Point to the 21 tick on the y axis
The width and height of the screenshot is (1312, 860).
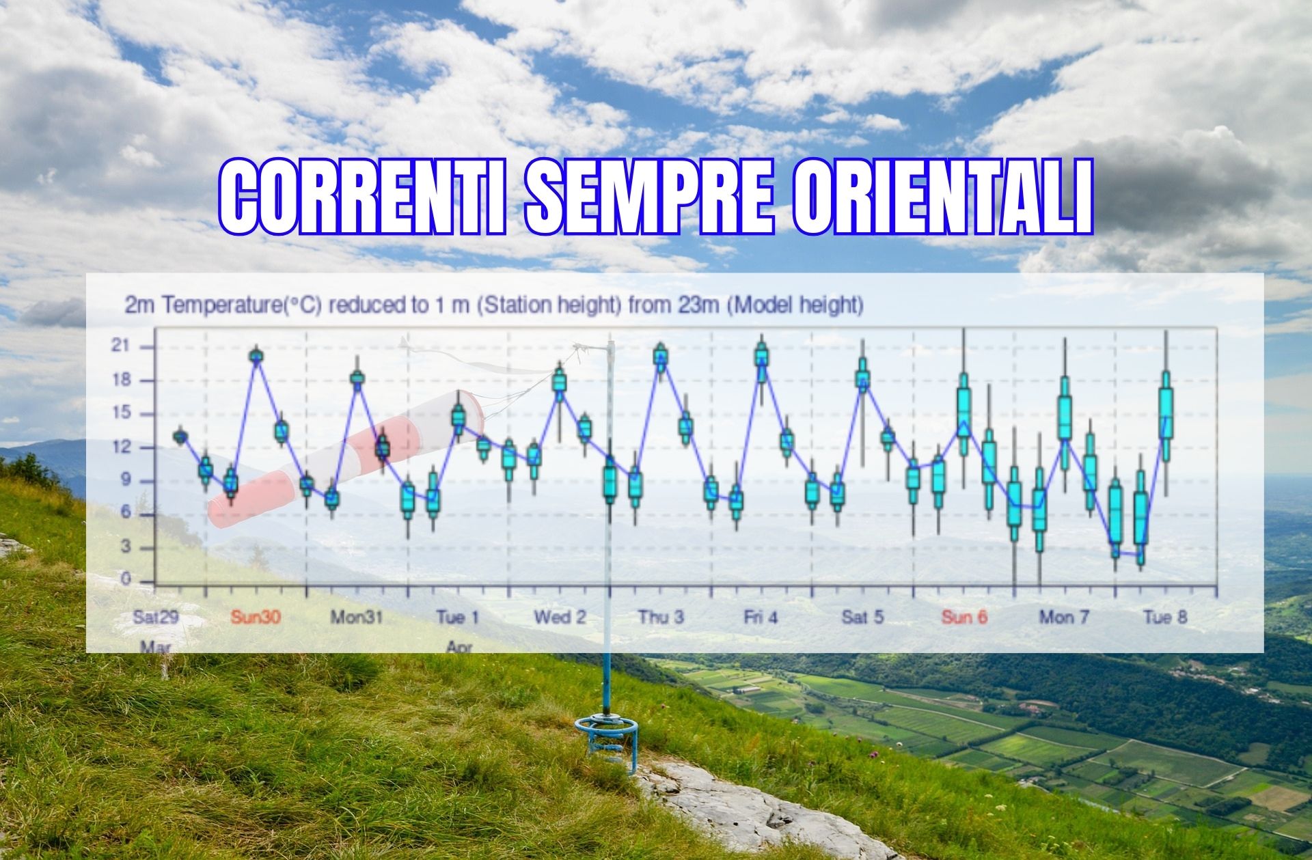pos(120,347)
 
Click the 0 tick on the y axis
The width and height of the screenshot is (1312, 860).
pos(125,580)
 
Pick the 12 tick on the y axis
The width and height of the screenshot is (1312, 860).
pos(120,447)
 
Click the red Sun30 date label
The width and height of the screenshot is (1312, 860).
pos(256,618)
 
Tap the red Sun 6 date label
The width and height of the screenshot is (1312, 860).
pos(964,618)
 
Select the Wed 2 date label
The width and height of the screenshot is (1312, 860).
pos(560,618)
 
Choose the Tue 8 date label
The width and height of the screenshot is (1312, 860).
pos(1165,618)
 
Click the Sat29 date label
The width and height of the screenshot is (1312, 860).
pos(156,618)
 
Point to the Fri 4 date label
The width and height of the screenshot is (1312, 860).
pos(761,618)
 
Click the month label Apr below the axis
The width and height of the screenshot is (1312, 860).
pos(459,646)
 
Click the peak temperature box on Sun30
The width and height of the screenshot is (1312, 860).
pos(256,355)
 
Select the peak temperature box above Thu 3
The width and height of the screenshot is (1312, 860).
pos(660,355)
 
